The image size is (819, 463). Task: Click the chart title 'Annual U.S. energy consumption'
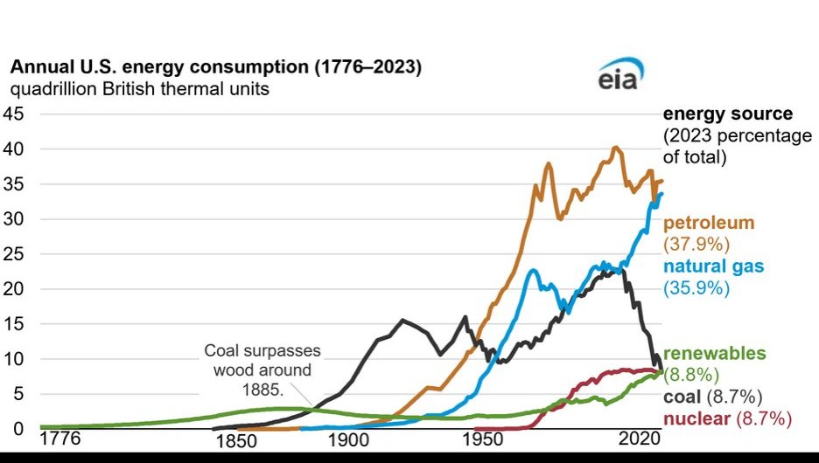pos(215,67)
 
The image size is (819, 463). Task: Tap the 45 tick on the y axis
pos(16,114)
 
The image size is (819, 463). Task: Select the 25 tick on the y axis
pos(16,254)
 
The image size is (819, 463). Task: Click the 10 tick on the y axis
pos(16,359)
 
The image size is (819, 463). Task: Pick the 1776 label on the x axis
pos(61,437)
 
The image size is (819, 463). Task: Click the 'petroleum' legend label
pos(708,223)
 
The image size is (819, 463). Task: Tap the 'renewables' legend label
pos(715,354)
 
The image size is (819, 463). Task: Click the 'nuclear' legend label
pos(695,418)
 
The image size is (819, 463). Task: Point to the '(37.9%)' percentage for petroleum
pos(696,243)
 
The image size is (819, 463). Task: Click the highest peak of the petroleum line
pos(615,147)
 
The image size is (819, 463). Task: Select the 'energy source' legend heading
pos(728,114)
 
